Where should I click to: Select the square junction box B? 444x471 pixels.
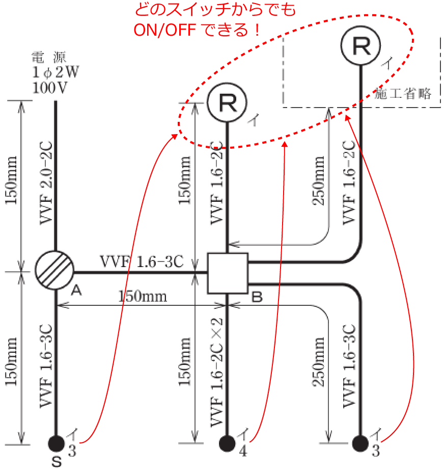tap(228, 273)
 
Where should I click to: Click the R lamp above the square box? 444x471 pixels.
tap(227, 102)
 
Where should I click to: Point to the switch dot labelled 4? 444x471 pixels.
tap(227, 442)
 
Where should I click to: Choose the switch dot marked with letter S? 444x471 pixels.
tap(55, 442)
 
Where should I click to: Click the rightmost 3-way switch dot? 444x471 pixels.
tap(361, 442)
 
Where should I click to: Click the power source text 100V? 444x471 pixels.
tap(49, 87)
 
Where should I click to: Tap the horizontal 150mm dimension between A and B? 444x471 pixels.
tap(143, 296)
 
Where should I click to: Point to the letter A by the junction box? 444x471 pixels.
tap(76, 291)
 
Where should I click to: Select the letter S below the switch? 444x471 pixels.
tap(57, 462)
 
